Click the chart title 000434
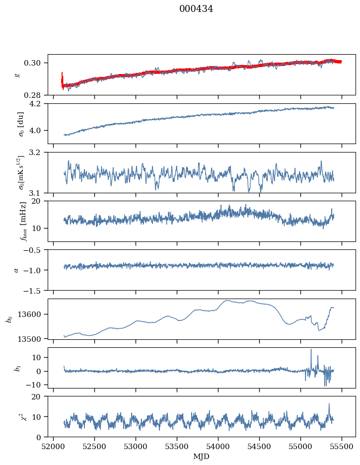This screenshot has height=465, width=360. pos(196,9)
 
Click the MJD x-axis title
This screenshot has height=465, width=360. pos(201,456)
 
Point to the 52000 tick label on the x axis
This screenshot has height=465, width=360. pos(54,446)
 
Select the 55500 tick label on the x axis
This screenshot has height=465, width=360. pos(341,446)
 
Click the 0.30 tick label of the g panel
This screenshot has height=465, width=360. pos(35,63)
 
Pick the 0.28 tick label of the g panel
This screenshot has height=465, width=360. pos(35,95)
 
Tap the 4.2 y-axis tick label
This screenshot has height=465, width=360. pos(38,104)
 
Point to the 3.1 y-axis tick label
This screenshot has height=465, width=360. pos(38,193)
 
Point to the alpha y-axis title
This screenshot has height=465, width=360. pos(16,270)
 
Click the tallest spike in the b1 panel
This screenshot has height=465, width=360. pos(311,350)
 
